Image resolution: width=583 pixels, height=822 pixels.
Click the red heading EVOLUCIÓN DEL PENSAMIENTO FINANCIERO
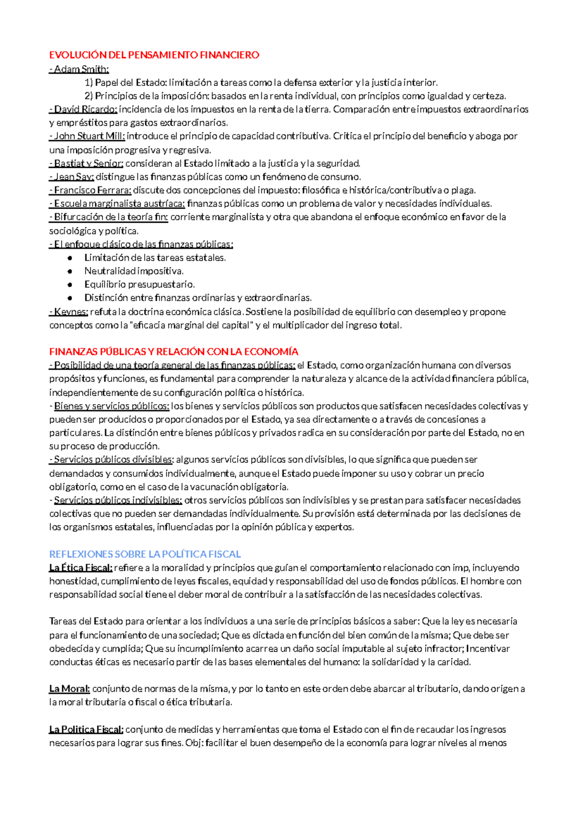[x=154, y=55]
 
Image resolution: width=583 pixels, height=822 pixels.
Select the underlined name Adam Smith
[x=81, y=69]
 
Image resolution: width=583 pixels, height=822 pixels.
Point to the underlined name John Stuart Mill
[x=89, y=136]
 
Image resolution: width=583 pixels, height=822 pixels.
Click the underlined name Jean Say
[x=73, y=177]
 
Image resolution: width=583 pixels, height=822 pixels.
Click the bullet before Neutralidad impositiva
[x=70, y=271]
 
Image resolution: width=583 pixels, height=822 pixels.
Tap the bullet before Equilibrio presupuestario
[x=70, y=285]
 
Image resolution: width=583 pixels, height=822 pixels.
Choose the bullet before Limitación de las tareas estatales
[x=70, y=258]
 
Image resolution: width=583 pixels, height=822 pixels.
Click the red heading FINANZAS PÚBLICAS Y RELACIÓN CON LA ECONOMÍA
[x=173, y=352]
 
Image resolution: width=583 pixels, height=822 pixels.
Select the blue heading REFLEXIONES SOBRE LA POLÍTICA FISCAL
[x=145, y=554]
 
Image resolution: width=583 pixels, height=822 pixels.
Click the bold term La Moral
[x=69, y=689]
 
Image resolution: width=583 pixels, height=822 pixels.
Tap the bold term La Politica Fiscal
[x=86, y=729]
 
